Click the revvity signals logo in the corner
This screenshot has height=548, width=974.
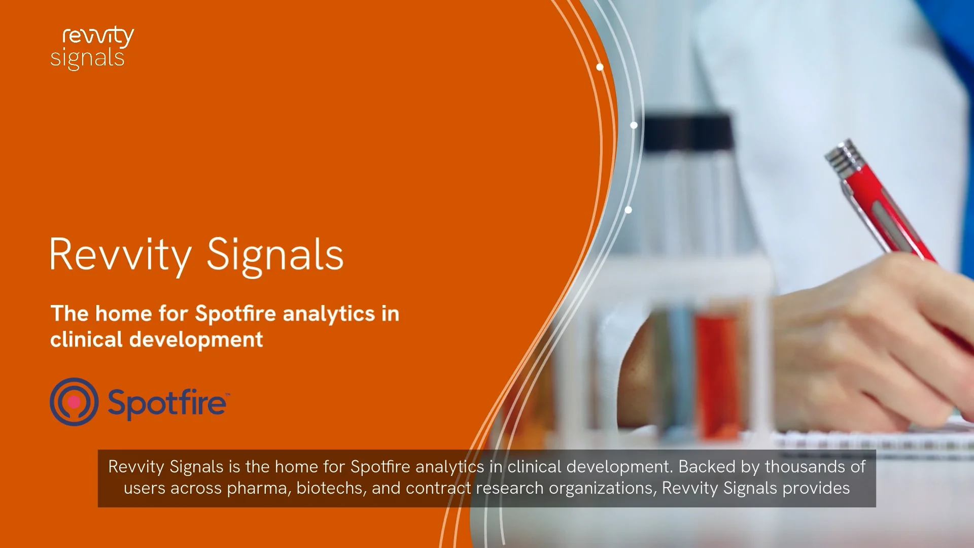pyautogui.click(x=92, y=48)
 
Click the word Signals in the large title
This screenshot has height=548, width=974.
pyautogui.click(x=275, y=255)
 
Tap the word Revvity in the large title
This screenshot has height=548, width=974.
pyautogui.click(x=120, y=255)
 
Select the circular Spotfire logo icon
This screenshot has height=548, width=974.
pyautogui.click(x=74, y=402)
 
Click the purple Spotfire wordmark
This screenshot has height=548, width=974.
pyautogui.click(x=167, y=403)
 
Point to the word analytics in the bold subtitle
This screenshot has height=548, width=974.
pyautogui.click(x=329, y=314)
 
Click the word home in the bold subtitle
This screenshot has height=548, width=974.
pyautogui.click(x=123, y=314)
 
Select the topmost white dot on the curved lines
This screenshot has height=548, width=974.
pyautogui.click(x=600, y=67)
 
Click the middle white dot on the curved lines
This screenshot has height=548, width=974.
pyautogui.click(x=634, y=125)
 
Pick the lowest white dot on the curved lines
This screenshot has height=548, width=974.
pyautogui.click(x=628, y=210)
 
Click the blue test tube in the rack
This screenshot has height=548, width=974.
pyautogui.click(x=679, y=370)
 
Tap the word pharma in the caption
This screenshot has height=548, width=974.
pyautogui.click(x=259, y=488)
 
